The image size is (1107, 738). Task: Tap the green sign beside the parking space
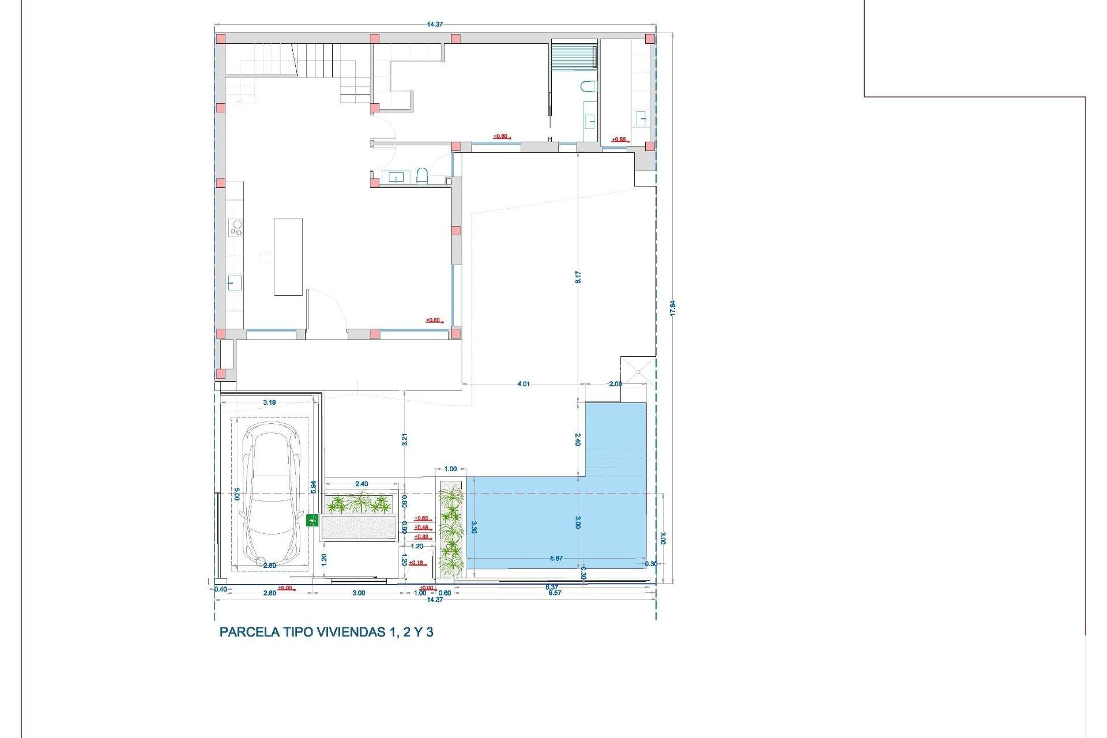click(x=312, y=521)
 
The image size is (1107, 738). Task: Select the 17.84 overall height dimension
click(x=672, y=308)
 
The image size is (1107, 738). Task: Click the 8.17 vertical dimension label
click(x=578, y=277)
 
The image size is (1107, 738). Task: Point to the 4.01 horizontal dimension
click(x=524, y=384)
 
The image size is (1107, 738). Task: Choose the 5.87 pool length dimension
click(x=556, y=558)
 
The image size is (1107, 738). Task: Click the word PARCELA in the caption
click(x=249, y=632)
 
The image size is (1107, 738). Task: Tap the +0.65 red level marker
click(x=421, y=518)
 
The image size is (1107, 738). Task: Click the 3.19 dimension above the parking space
click(x=269, y=402)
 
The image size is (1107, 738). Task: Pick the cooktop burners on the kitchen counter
click(x=236, y=227)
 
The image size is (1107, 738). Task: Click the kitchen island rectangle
click(x=288, y=257)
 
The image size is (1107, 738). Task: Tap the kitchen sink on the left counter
click(x=235, y=283)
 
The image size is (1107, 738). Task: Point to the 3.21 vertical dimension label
click(x=405, y=439)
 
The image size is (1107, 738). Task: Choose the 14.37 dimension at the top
click(x=435, y=24)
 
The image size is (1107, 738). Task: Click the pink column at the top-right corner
click(x=650, y=39)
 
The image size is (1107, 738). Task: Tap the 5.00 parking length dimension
click(x=236, y=494)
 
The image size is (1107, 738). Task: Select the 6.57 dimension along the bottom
click(x=555, y=593)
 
